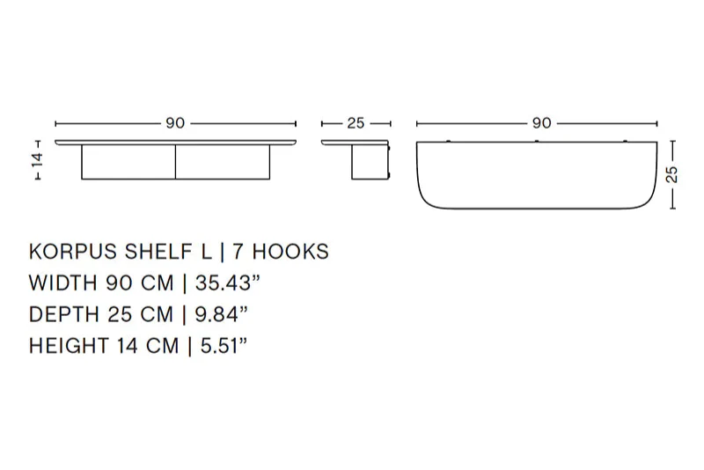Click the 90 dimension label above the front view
pyautogui.click(x=175, y=123)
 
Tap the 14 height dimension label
pyautogui.click(x=38, y=159)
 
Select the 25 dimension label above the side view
pyautogui.click(x=356, y=123)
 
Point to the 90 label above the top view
pyautogui.click(x=541, y=123)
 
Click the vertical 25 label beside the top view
pyautogui.click(x=672, y=174)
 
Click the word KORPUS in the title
pyautogui.click(x=74, y=252)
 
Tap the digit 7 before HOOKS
pyautogui.click(x=238, y=252)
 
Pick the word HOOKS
pyautogui.click(x=290, y=252)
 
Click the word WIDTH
pyautogui.click(x=63, y=283)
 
